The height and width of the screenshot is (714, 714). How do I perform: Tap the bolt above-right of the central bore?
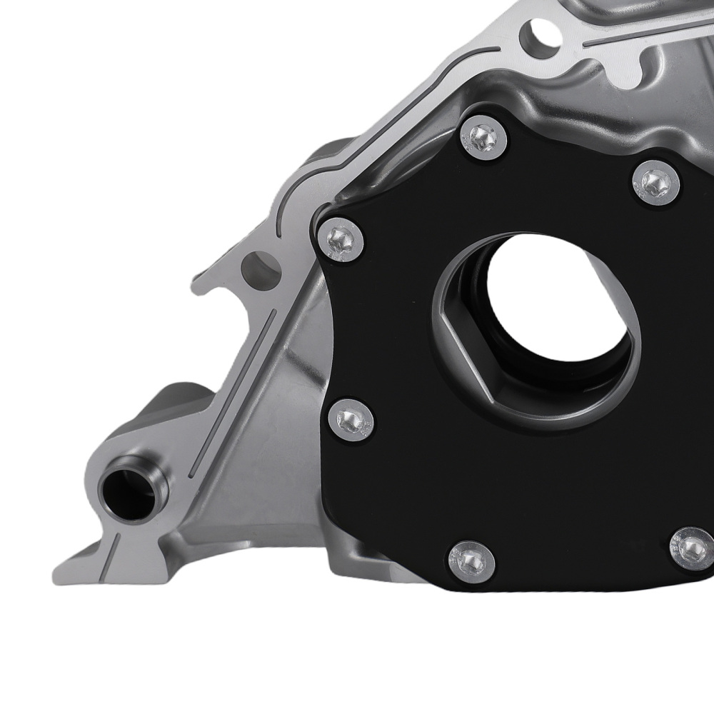tap(655, 183)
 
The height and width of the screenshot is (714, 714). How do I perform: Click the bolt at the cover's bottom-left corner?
tap(471, 559)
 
